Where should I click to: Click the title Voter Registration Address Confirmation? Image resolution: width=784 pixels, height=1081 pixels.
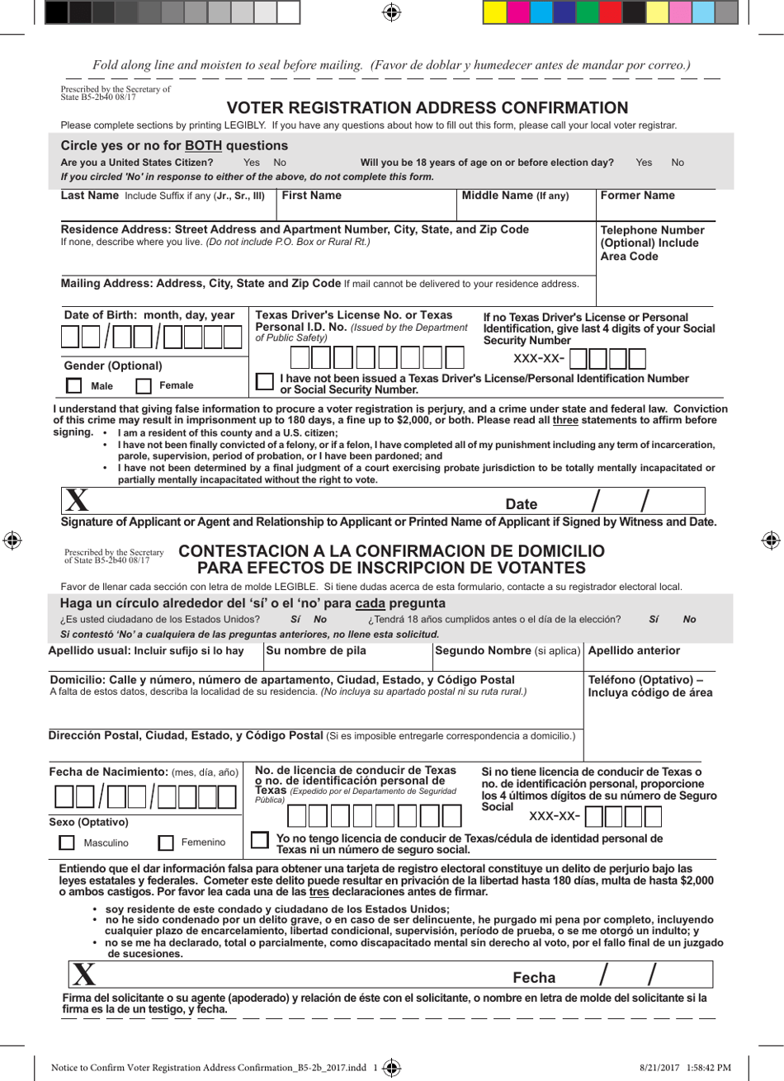(427, 108)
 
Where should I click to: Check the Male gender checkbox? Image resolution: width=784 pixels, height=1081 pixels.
(74, 385)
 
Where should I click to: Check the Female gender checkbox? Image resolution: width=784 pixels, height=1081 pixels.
(144, 385)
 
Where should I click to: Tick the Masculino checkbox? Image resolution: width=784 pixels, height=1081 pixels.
(67, 843)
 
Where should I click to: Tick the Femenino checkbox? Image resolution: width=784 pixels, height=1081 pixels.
(166, 843)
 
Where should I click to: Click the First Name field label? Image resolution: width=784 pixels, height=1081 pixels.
(311, 196)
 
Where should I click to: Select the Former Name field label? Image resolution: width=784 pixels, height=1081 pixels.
(637, 196)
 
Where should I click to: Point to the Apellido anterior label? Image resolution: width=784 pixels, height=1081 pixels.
(634, 650)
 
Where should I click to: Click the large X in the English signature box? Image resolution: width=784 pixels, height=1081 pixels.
(77, 501)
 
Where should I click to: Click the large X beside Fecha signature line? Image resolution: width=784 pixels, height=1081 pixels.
(83, 975)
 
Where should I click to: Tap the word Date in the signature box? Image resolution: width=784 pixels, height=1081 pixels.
(521, 504)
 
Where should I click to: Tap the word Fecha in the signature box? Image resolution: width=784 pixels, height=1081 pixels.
(534, 978)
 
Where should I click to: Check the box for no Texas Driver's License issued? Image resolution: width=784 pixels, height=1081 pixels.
(265, 381)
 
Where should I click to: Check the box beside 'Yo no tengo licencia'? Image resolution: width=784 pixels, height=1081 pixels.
(260, 840)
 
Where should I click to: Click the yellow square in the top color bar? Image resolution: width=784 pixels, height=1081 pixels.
(494, 12)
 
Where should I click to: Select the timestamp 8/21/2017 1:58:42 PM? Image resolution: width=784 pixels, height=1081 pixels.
(685, 1067)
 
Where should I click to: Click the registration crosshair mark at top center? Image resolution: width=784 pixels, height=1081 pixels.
(392, 12)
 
